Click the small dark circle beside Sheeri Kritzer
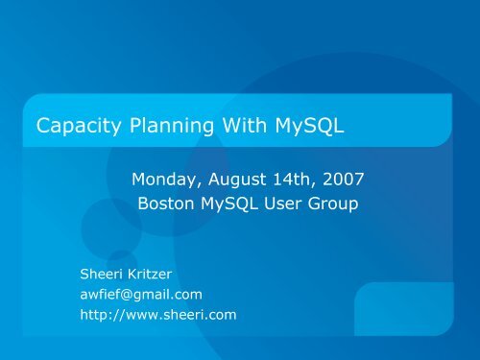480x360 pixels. [121, 262]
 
